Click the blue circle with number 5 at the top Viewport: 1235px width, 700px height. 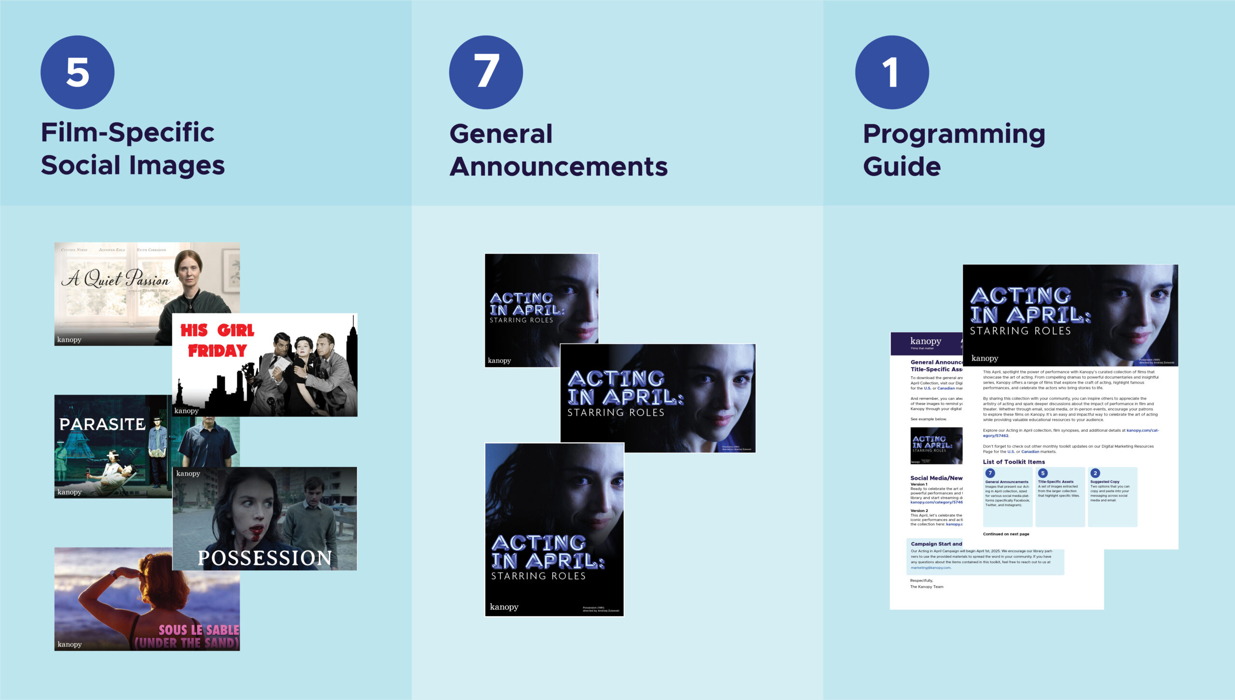point(77,72)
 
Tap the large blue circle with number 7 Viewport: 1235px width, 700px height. point(486,72)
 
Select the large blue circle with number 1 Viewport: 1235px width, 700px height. point(892,72)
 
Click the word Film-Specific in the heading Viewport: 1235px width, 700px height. point(127,133)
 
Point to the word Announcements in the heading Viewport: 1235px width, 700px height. point(558,166)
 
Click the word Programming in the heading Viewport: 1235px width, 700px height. point(954,134)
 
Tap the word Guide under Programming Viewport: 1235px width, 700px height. point(902,166)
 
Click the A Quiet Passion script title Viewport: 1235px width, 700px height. point(116,278)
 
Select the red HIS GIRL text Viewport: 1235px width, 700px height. point(217,330)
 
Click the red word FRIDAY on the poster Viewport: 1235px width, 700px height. point(217,351)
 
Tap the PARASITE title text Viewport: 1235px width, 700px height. point(102,424)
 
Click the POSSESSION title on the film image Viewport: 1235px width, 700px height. point(264,558)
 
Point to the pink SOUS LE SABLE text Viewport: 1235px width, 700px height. point(199,630)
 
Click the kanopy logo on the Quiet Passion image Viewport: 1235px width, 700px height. point(69,340)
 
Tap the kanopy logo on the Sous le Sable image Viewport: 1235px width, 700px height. point(69,645)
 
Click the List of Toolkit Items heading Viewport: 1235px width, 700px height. point(1014,462)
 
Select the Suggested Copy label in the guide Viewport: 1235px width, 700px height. point(1105,481)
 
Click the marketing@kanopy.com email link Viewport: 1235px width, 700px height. point(931,568)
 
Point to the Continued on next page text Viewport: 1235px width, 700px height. point(1006,534)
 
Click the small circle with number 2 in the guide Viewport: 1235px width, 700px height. point(1095,473)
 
